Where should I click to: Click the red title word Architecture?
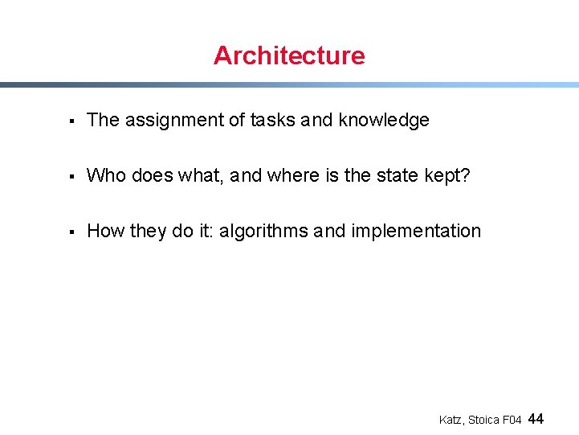tap(289, 55)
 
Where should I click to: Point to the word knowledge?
tap(384, 121)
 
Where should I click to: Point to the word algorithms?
tap(264, 232)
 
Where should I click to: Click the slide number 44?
tap(537, 419)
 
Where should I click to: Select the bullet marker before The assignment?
tap(71, 121)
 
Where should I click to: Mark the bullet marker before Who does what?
tap(71, 176)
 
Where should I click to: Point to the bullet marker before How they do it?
tap(71, 232)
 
